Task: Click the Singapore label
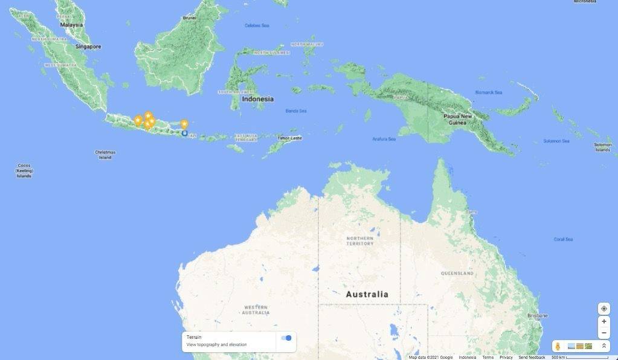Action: (88, 47)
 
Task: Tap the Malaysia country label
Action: (71, 25)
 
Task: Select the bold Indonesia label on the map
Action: (257, 99)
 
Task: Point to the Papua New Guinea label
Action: (457, 119)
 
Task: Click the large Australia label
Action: (367, 294)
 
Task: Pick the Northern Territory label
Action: (359, 241)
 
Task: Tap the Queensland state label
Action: (457, 273)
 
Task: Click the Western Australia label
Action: (256, 310)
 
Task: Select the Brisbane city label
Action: (537, 315)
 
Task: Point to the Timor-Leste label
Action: (289, 138)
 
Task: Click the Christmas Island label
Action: (105, 155)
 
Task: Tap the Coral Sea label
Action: (563, 239)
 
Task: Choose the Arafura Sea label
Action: (384, 139)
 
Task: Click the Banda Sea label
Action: (296, 111)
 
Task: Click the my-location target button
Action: (604, 309)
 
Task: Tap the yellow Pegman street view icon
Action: (558, 346)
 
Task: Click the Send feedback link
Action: (532, 357)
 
